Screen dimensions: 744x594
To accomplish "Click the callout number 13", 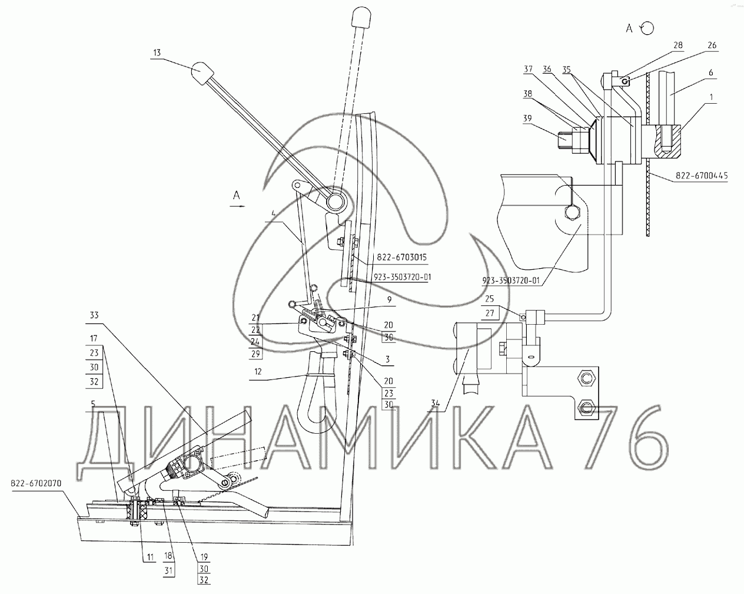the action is click(157, 52).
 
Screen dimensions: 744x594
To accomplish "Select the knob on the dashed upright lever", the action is click(361, 17).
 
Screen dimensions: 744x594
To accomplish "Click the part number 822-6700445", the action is click(702, 176).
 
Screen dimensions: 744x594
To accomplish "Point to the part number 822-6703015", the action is click(401, 257).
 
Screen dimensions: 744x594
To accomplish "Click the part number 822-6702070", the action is click(36, 483).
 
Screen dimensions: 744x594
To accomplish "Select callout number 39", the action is click(527, 118).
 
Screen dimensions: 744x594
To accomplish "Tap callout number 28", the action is click(678, 45).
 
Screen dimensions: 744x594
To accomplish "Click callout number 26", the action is click(712, 45).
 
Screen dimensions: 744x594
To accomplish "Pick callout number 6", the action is click(711, 72).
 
